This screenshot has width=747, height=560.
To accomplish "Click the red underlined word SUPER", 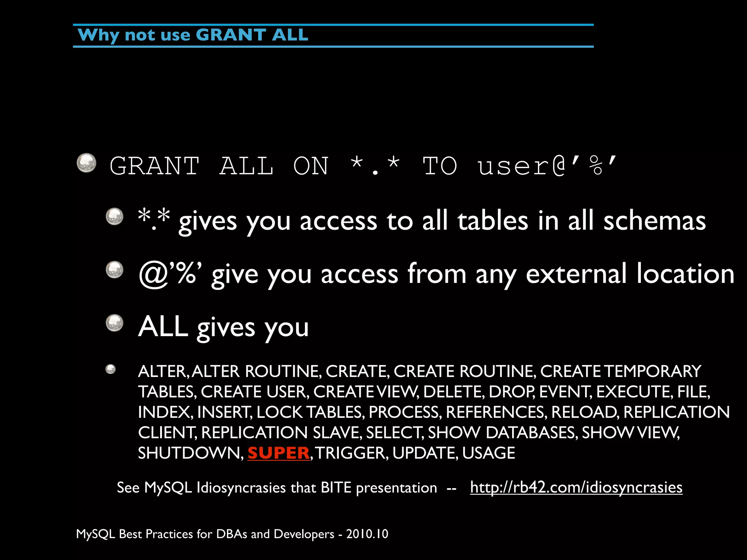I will [x=278, y=453].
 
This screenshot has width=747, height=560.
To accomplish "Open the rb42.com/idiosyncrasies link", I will [x=576, y=487].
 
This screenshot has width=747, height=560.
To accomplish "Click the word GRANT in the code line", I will [x=154, y=166].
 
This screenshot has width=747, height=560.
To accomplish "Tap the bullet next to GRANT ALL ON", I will [x=86, y=163].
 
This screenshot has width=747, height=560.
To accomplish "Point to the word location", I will [x=685, y=274].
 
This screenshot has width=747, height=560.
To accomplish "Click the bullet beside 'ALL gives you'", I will [x=115, y=323].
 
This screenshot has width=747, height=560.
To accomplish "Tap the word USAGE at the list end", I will [x=488, y=453].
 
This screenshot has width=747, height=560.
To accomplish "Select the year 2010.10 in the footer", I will [x=367, y=534].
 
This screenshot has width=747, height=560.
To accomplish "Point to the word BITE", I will [x=336, y=487].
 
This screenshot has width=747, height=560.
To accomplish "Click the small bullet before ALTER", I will [x=111, y=369].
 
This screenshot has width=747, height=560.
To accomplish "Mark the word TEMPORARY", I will [x=653, y=372].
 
